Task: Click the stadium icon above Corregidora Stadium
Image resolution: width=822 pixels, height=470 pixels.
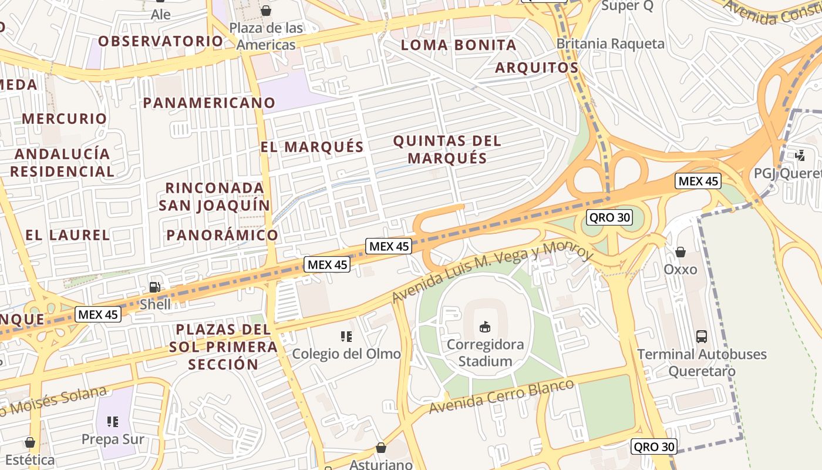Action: pyautogui.click(x=484, y=326)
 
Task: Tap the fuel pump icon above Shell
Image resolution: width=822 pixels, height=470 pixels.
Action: pyautogui.click(x=155, y=287)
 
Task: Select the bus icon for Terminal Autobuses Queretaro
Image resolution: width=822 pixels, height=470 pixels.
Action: pyautogui.click(x=701, y=337)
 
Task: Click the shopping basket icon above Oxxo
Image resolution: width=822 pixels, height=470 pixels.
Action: pyautogui.click(x=680, y=252)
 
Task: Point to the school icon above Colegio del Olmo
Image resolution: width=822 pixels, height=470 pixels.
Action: pyautogui.click(x=346, y=337)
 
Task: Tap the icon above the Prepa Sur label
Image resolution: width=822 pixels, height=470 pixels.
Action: pyautogui.click(x=113, y=421)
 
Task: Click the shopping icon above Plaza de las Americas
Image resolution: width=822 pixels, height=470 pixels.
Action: pyautogui.click(x=266, y=11)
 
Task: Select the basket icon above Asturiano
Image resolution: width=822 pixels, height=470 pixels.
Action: pyautogui.click(x=381, y=448)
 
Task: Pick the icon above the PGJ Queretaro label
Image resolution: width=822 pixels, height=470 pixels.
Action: pyautogui.click(x=800, y=156)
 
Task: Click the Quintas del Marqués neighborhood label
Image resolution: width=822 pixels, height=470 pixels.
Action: pyautogui.click(x=447, y=149)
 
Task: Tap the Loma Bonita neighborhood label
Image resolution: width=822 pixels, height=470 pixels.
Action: pyautogui.click(x=459, y=45)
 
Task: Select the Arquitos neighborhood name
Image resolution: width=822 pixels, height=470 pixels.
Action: pyautogui.click(x=537, y=68)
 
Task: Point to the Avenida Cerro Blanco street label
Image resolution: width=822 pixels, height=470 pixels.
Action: pyautogui.click(x=501, y=397)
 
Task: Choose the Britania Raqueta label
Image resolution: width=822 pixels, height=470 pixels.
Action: pyautogui.click(x=611, y=44)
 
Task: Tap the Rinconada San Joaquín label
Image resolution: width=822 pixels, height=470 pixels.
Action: pyautogui.click(x=214, y=196)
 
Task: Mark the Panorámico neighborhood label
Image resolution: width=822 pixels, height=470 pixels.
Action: pyautogui.click(x=222, y=235)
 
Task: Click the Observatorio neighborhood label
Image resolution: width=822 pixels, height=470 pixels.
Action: pyautogui.click(x=160, y=41)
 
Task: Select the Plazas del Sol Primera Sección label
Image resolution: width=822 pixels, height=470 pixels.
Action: pyautogui.click(x=223, y=347)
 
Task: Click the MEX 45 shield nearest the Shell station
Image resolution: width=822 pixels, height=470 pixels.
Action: pyautogui.click(x=98, y=314)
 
